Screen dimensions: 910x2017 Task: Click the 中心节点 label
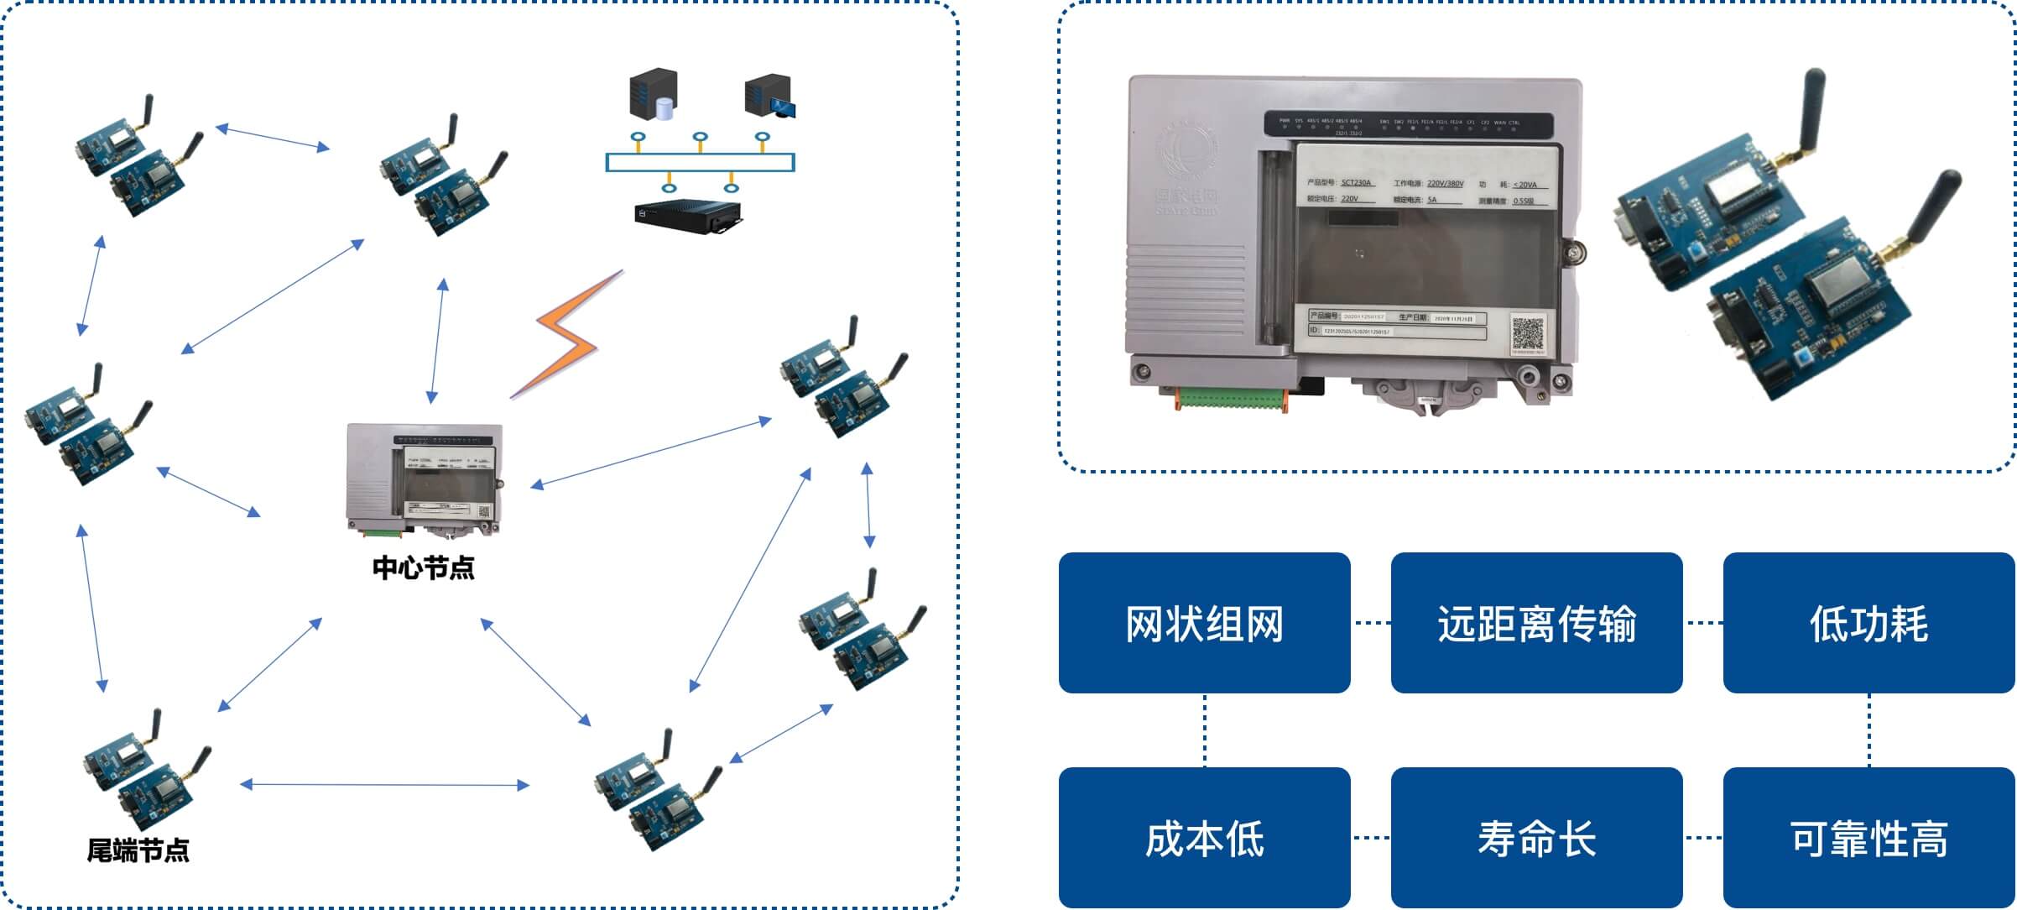(x=423, y=568)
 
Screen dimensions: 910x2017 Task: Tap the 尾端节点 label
(x=138, y=850)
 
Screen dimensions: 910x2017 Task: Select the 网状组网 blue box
(x=1204, y=623)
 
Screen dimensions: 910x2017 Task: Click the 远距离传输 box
(x=1536, y=623)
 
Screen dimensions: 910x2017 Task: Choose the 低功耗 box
(x=1868, y=623)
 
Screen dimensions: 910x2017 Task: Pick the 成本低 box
(x=1204, y=838)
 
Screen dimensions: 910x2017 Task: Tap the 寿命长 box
(x=1536, y=838)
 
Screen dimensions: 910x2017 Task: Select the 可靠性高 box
(x=1868, y=838)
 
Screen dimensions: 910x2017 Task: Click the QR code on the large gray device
(x=1528, y=334)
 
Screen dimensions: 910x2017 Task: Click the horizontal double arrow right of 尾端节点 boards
(x=384, y=785)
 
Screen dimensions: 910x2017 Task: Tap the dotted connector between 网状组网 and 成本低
(x=1205, y=730)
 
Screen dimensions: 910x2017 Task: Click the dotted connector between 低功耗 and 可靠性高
(x=1869, y=730)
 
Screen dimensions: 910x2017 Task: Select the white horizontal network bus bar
(x=700, y=163)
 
